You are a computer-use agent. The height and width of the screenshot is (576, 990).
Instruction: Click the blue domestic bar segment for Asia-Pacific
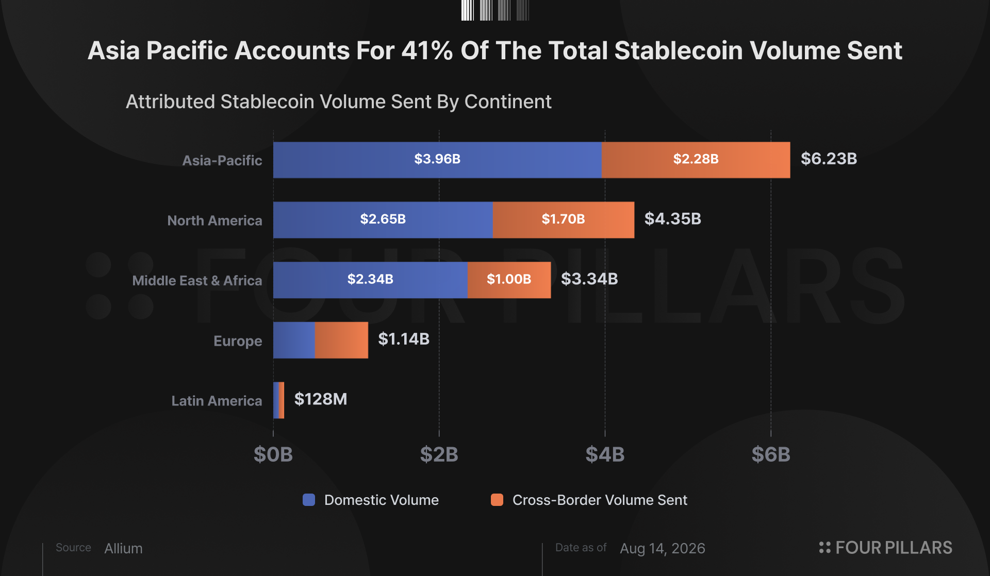tap(437, 160)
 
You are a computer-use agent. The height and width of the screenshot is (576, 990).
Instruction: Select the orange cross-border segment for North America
tap(563, 220)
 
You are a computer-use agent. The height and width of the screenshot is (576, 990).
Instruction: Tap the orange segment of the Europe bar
tap(341, 340)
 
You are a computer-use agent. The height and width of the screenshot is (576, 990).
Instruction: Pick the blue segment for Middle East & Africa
tap(370, 280)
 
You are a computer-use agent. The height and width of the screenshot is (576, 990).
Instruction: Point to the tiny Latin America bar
tap(278, 400)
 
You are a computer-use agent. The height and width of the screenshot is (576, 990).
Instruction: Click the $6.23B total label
tap(829, 159)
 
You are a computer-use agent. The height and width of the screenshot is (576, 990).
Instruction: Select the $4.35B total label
tap(672, 219)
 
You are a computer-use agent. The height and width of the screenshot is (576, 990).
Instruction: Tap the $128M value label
tap(320, 399)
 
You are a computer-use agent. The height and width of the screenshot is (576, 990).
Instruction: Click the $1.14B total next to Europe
tap(404, 339)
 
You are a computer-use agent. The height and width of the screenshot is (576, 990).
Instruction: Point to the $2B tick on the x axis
tap(439, 454)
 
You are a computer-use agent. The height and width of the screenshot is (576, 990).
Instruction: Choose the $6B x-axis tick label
tap(771, 454)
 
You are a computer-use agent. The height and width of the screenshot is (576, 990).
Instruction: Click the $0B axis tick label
tap(273, 454)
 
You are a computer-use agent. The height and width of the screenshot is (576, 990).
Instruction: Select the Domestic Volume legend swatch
tap(309, 500)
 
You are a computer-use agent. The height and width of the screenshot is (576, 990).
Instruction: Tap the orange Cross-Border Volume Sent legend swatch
tap(497, 500)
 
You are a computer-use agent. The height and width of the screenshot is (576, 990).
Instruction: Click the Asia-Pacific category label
tap(222, 160)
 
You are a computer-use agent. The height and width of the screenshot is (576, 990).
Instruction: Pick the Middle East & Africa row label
tap(197, 281)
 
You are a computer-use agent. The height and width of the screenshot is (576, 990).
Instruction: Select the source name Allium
tap(123, 548)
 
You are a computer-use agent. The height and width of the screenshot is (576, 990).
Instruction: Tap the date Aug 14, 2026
tap(663, 548)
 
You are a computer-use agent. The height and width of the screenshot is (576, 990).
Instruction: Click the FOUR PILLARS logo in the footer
tap(885, 548)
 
